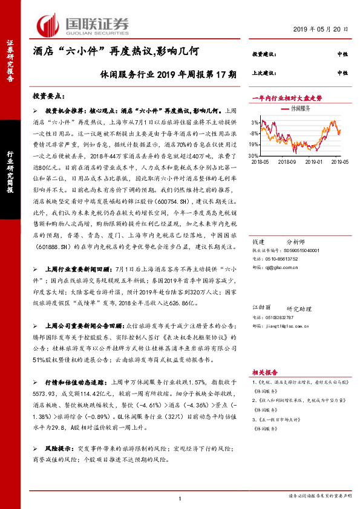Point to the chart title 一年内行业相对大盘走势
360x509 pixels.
(286, 97)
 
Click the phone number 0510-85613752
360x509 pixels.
(282, 256)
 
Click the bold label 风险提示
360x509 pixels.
(57, 450)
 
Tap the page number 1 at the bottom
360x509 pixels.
(180, 498)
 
